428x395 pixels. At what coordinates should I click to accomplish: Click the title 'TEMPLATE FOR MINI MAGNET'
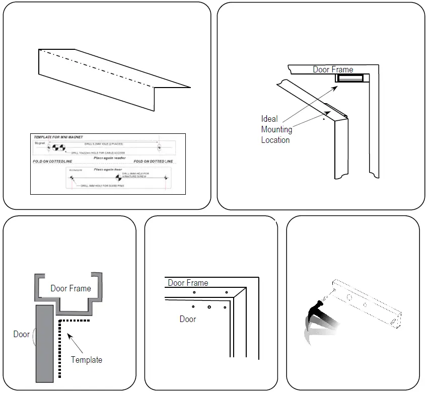58,137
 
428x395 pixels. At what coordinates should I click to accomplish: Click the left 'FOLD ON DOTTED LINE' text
53,162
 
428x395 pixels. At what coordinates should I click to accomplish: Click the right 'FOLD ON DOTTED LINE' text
153,162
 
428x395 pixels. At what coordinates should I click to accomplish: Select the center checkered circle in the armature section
119,177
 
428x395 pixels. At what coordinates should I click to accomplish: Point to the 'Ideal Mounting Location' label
276,129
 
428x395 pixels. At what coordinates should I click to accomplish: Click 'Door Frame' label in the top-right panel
333,69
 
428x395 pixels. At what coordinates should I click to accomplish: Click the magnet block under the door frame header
350,78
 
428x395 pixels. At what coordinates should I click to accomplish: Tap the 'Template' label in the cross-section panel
86,360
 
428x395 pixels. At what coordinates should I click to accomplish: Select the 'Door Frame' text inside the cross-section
70,288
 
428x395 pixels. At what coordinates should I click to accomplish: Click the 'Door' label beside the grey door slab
21,334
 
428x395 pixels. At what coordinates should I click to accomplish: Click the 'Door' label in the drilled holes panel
188,319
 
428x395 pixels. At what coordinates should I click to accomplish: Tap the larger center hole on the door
209,307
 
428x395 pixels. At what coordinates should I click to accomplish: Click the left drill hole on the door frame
194,292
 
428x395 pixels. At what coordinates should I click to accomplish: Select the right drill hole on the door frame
226,292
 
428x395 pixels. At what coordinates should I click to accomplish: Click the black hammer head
318,305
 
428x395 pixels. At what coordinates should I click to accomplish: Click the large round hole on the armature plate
348,297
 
